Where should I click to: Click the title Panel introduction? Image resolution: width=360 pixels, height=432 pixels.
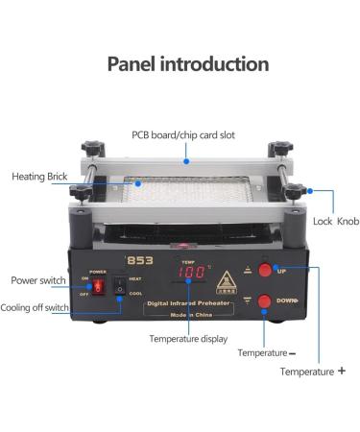tap(187, 64)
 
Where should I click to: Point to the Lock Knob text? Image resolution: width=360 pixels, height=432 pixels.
tap(336, 221)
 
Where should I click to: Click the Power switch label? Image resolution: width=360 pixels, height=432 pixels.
tap(37, 280)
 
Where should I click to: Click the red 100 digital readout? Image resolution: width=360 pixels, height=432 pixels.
tap(193, 274)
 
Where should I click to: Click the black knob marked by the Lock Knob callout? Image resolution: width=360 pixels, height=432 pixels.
tap(293, 191)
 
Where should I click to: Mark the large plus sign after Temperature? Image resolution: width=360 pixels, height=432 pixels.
tap(342, 371)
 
